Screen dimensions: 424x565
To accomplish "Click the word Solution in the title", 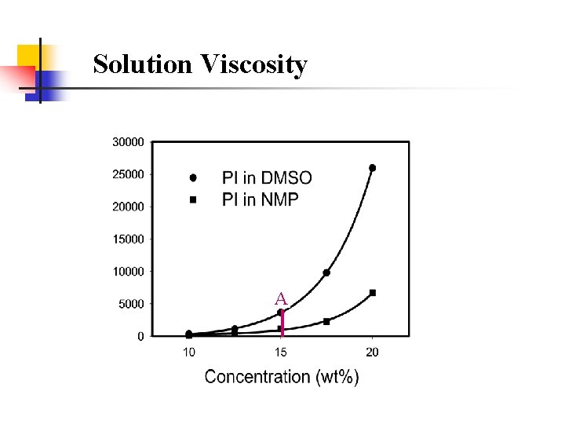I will point(143,64).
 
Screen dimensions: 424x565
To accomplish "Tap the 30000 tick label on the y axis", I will point(129,142).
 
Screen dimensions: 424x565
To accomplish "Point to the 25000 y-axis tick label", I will point(129,174).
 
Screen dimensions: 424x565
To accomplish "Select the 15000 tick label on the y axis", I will point(129,239).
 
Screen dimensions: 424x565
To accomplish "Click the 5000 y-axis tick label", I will point(131,304).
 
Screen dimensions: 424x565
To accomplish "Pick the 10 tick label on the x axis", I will point(189,352).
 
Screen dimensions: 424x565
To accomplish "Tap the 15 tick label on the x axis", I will point(281,352).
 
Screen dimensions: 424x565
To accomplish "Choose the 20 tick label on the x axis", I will point(373,352).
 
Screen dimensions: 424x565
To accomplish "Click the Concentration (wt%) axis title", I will point(282,377).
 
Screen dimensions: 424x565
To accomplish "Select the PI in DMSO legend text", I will point(267,177).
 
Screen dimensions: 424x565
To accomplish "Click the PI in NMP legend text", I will point(261,199).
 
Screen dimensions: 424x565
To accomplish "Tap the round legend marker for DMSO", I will point(192,177).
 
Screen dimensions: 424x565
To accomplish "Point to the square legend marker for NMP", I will point(192,199).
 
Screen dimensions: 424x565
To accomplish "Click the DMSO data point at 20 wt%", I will point(373,167).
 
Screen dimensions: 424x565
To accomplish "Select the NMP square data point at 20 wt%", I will point(373,293).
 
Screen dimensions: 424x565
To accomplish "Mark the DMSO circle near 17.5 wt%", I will point(326,272).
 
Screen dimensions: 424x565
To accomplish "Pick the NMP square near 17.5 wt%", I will point(326,321).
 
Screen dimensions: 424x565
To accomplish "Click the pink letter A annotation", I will point(281,298).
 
